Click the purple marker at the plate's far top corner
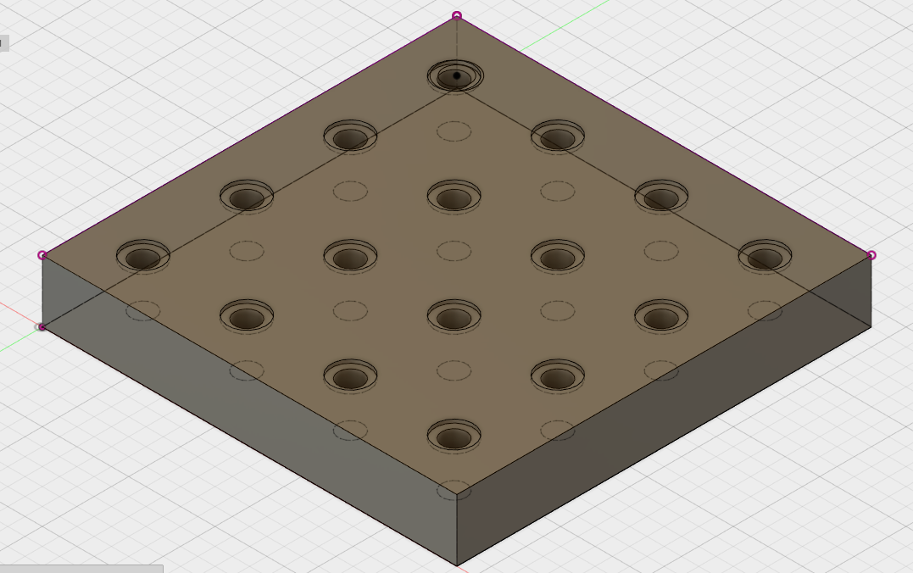click(457, 15)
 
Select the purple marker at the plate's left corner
click(42, 254)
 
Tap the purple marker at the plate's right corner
click(871, 254)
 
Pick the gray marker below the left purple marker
click(41, 326)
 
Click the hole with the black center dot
click(456, 76)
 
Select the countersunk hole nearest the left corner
click(143, 255)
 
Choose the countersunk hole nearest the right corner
click(765, 255)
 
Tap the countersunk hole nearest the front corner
click(454, 436)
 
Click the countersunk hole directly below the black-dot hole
click(454, 196)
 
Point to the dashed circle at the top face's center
click(454, 250)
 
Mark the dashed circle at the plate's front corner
click(454, 489)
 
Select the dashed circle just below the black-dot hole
click(454, 131)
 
